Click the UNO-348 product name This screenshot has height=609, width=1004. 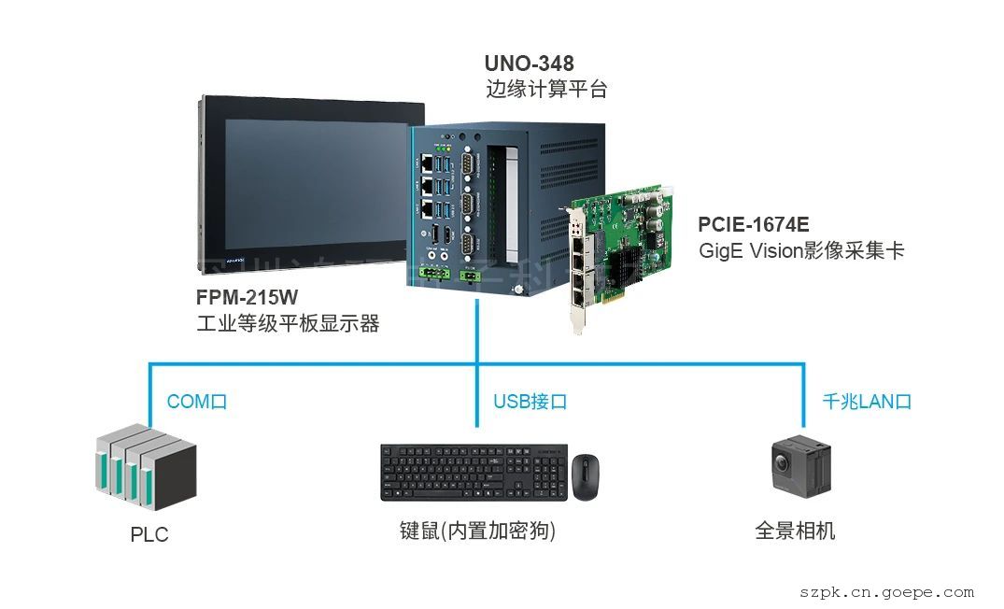tap(529, 64)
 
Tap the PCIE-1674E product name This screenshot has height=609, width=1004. tap(753, 225)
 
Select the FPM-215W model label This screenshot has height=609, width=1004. tap(247, 298)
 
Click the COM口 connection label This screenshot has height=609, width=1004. tap(197, 402)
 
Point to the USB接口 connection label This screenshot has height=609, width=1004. tap(530, 402)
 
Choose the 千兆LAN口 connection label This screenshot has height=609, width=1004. tap(866, 402)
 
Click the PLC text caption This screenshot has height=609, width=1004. tap(149, 535)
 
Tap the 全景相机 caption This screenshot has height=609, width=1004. tap(795, 531)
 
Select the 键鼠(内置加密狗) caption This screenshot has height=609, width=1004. tap(477, 531)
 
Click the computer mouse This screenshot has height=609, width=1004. tap(586, 476)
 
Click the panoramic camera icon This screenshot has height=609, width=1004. tap(800, 468)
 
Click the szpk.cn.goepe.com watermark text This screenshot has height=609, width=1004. tap(886, 592)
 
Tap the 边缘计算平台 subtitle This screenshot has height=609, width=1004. tap(546, 91)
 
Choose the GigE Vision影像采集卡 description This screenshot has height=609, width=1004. tap(801, 251)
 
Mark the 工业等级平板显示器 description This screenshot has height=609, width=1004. tap(288, 324)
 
